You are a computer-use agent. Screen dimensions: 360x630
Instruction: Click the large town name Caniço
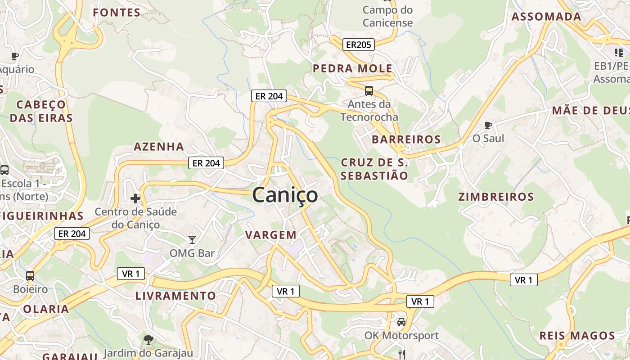click(285, 195)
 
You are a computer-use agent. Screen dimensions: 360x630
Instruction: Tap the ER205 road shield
click(359, 45)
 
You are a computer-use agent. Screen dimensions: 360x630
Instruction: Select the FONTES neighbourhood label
click(117, 13)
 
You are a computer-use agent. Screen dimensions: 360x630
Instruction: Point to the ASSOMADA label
click(546, 17)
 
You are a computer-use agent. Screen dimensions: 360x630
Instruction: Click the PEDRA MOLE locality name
click(352, 69)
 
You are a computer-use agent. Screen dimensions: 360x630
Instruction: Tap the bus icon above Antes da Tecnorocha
click(369, 91)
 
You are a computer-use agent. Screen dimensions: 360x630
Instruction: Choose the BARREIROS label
click(406, 139)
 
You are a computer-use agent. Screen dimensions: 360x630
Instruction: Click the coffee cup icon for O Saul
click(488, 125)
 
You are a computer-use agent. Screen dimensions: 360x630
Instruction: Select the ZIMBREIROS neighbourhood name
click(496, 197)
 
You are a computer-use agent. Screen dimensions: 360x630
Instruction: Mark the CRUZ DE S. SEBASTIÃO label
click(374, 169)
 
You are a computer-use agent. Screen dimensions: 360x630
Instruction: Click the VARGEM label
click(271, 235)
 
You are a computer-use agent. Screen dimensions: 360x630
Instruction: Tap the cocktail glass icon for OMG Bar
click(192, 239)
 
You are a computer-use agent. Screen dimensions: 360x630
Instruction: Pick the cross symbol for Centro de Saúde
click(135, 198)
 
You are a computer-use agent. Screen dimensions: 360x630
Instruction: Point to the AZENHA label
click(159, 147)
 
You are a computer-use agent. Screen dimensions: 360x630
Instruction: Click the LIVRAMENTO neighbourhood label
click(175, 296)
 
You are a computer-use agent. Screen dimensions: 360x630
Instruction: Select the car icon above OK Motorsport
click(401, 322)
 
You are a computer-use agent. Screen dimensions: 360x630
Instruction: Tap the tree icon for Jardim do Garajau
click(148, 339)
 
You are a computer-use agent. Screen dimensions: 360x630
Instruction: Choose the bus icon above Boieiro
click(30, 275)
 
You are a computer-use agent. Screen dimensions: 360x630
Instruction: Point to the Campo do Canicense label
click(387, 16)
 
